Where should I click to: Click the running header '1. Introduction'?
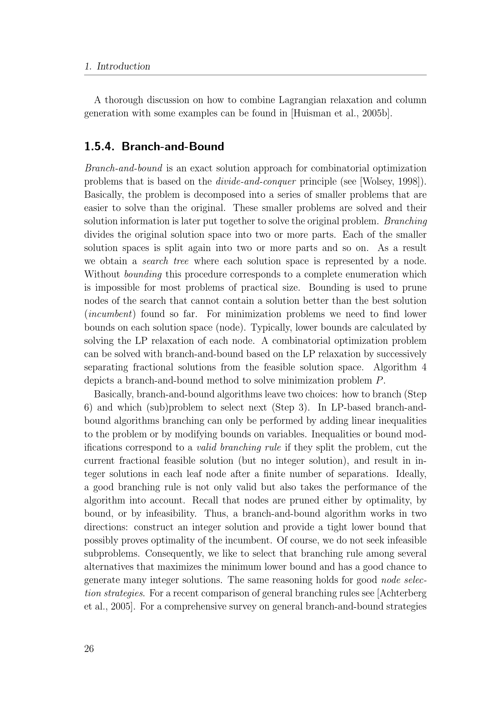(117, 66)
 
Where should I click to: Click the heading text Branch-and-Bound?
(173, 147)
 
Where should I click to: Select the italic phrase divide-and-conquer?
(256, 182)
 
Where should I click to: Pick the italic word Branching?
(405, 221)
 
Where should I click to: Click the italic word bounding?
(143, 274)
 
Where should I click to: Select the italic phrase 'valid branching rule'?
(239, 447)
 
